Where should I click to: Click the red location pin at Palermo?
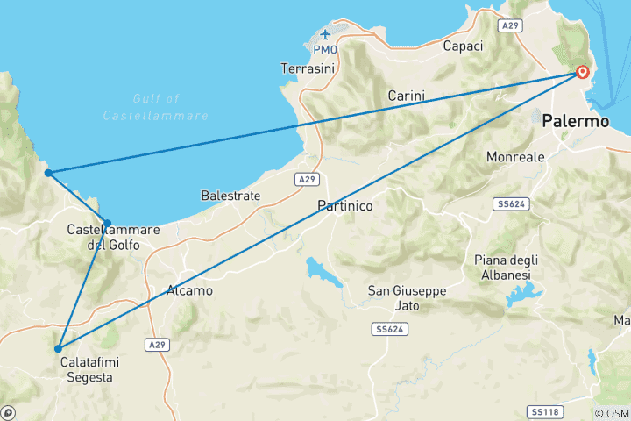[582, 73]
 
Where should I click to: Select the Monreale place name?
[515, 157]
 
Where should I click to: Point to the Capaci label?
[464, 46]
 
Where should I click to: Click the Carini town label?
[406, 96]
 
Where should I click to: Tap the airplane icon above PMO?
[325, 35]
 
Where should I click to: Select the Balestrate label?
[230, 196]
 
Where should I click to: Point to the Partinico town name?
[345, 205]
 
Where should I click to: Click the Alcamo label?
[189, 290]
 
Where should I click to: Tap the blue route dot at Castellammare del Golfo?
[107, 223]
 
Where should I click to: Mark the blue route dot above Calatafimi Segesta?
[58, 348]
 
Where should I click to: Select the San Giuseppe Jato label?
[407, 298]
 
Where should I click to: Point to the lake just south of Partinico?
[323, 271]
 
